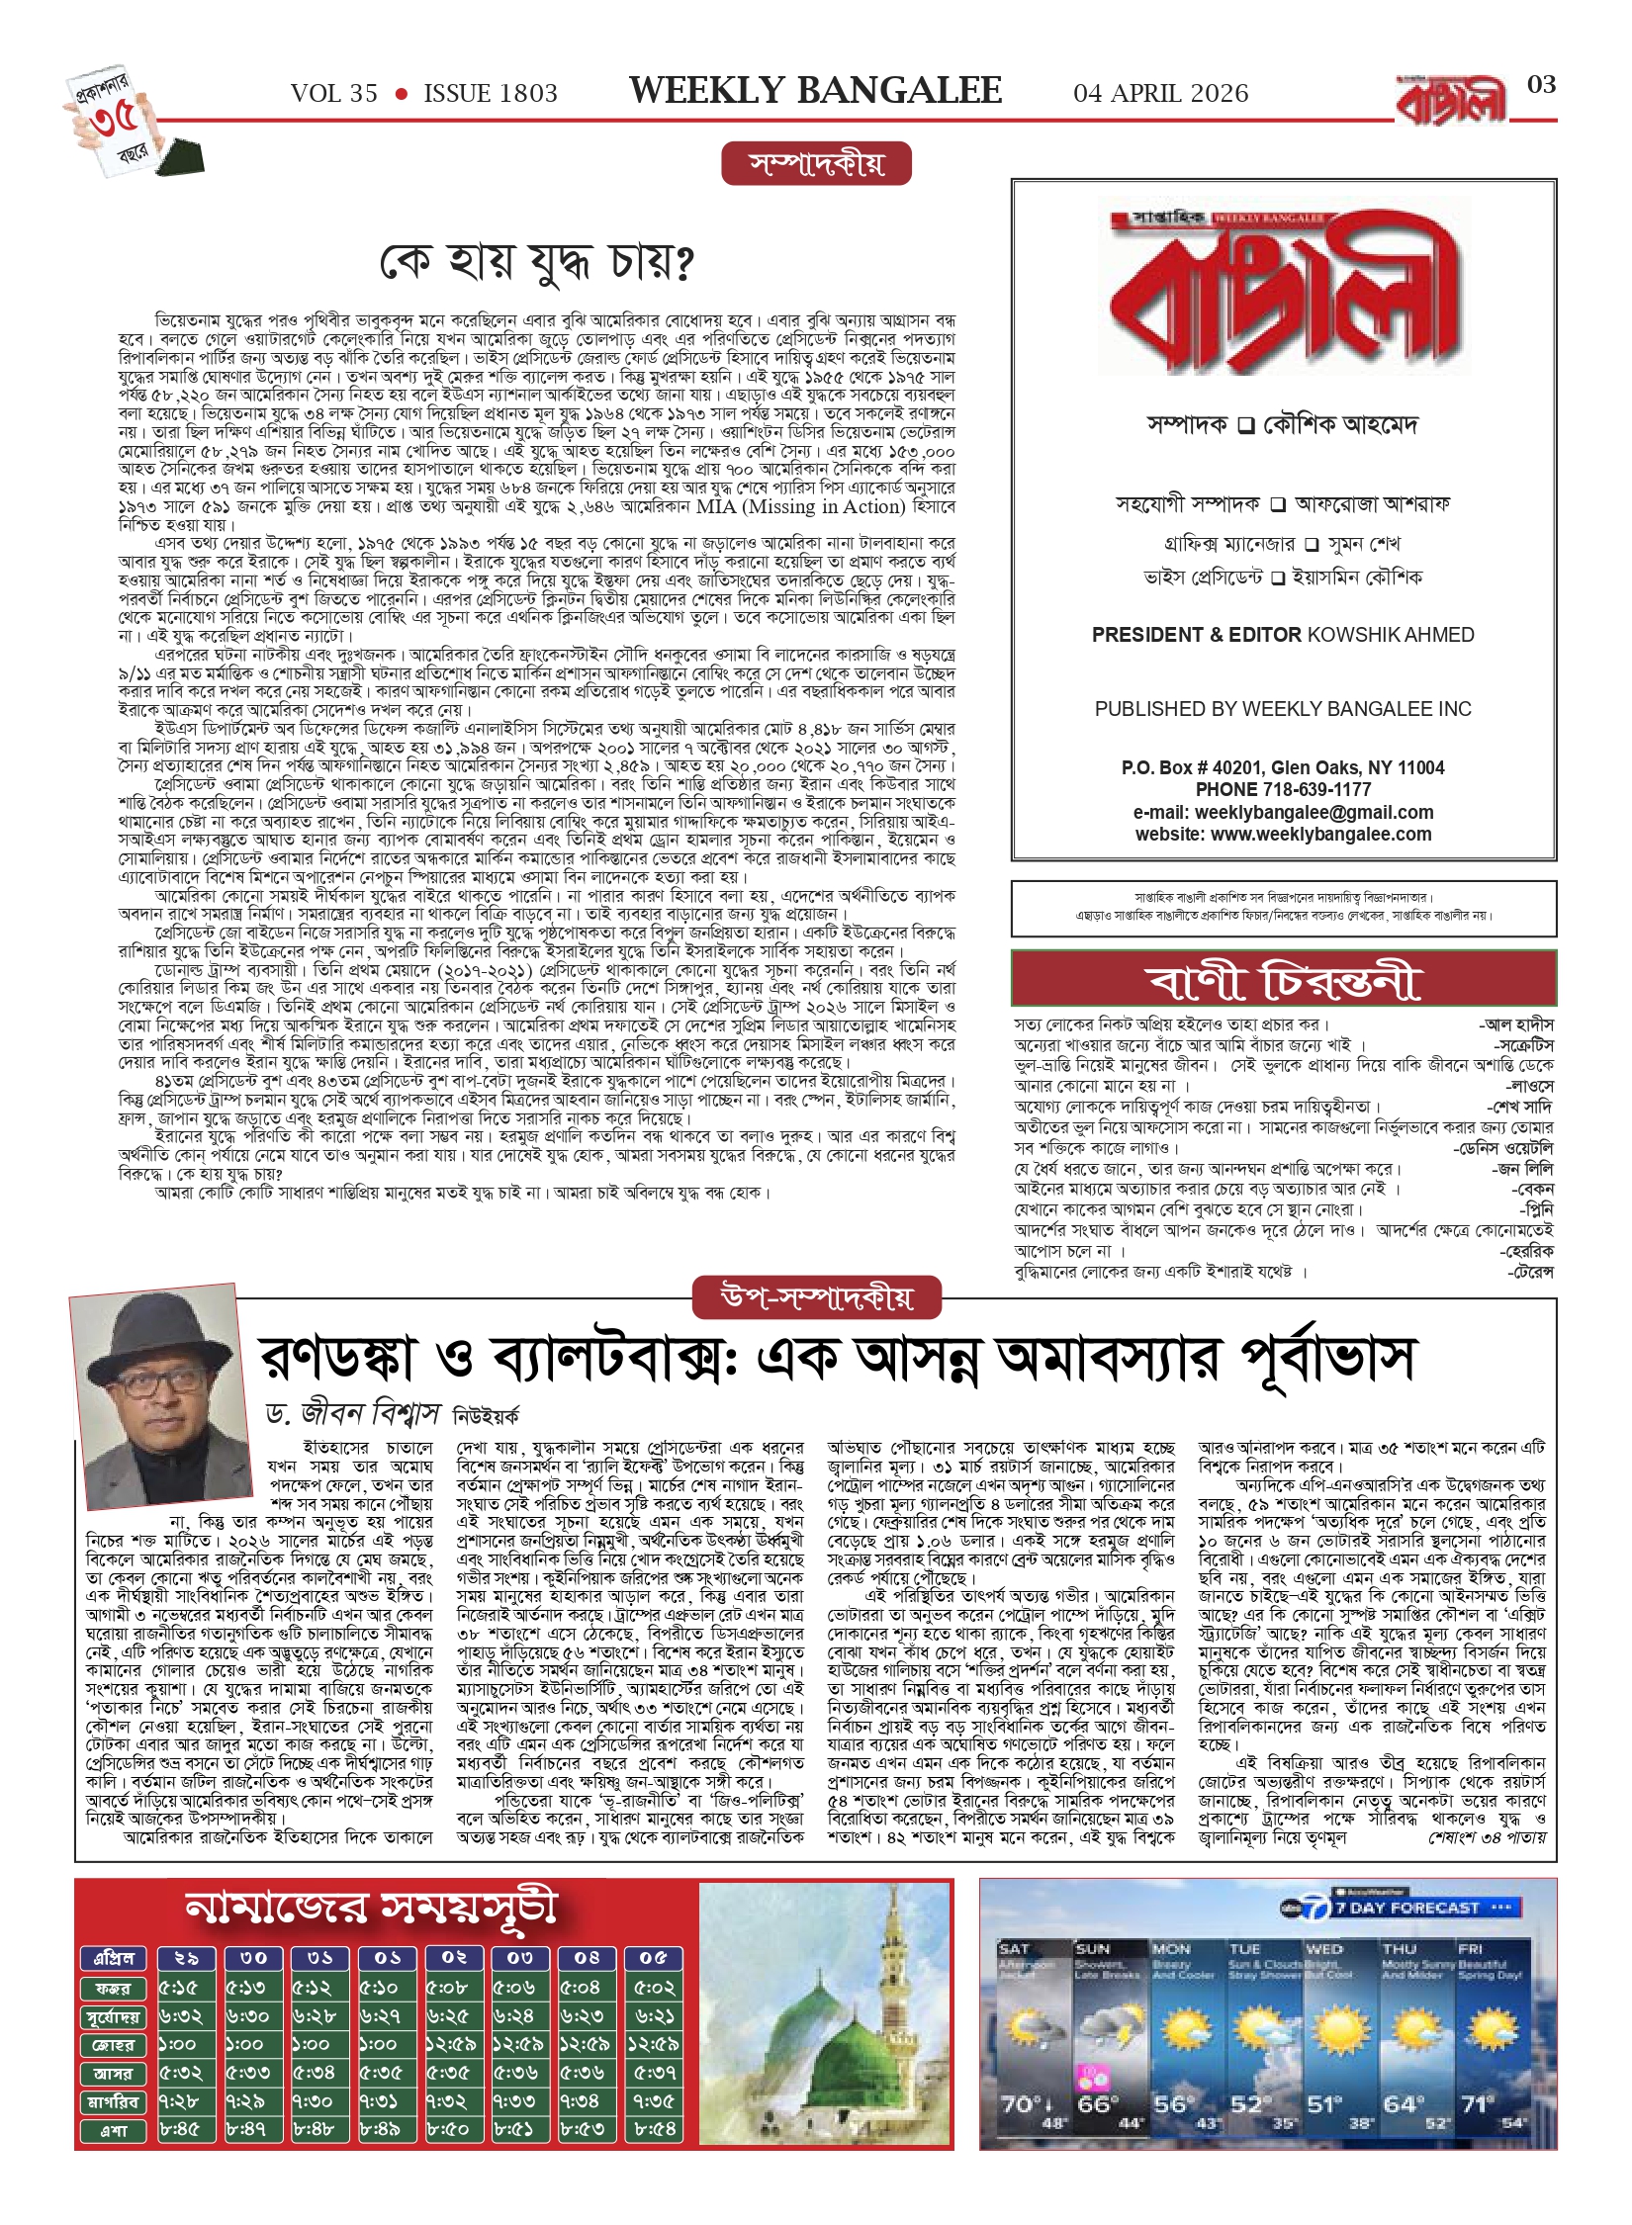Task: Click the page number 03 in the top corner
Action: coord(1541,85)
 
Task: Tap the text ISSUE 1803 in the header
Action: coord(491,94)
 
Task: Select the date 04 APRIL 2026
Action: coord(1160,94)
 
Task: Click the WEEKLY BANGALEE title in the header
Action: coord(815,91)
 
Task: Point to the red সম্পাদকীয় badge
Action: coord(816,163)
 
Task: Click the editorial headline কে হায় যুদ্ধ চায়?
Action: coord(537,263)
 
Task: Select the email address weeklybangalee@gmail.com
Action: coord(1314,812)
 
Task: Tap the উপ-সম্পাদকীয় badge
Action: coord(816,1297)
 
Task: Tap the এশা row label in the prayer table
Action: coord(113,2130)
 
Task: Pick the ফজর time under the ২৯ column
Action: coord(179,1988)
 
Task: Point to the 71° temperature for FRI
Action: coord(1478,2106)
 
